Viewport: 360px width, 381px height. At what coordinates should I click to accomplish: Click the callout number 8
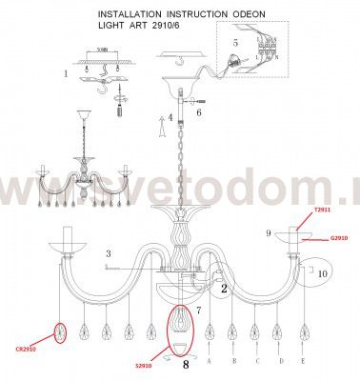[186, 362]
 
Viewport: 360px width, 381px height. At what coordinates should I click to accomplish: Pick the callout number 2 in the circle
[225, 288]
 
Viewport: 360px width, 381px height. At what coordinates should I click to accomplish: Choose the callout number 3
[110, 253]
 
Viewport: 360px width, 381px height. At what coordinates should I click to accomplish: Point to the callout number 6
[199, 112]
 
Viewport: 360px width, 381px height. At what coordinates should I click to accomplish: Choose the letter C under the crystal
[255, 362]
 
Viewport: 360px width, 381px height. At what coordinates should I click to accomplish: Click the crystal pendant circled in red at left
[62, 333]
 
